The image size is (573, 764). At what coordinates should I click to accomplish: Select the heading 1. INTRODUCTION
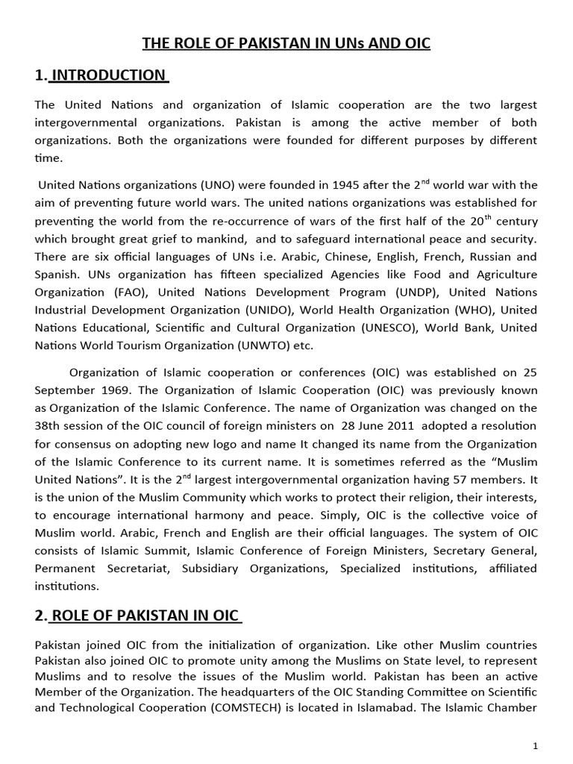tap(101, 75)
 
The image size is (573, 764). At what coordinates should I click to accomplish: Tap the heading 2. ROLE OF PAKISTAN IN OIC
tap(137, 616)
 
